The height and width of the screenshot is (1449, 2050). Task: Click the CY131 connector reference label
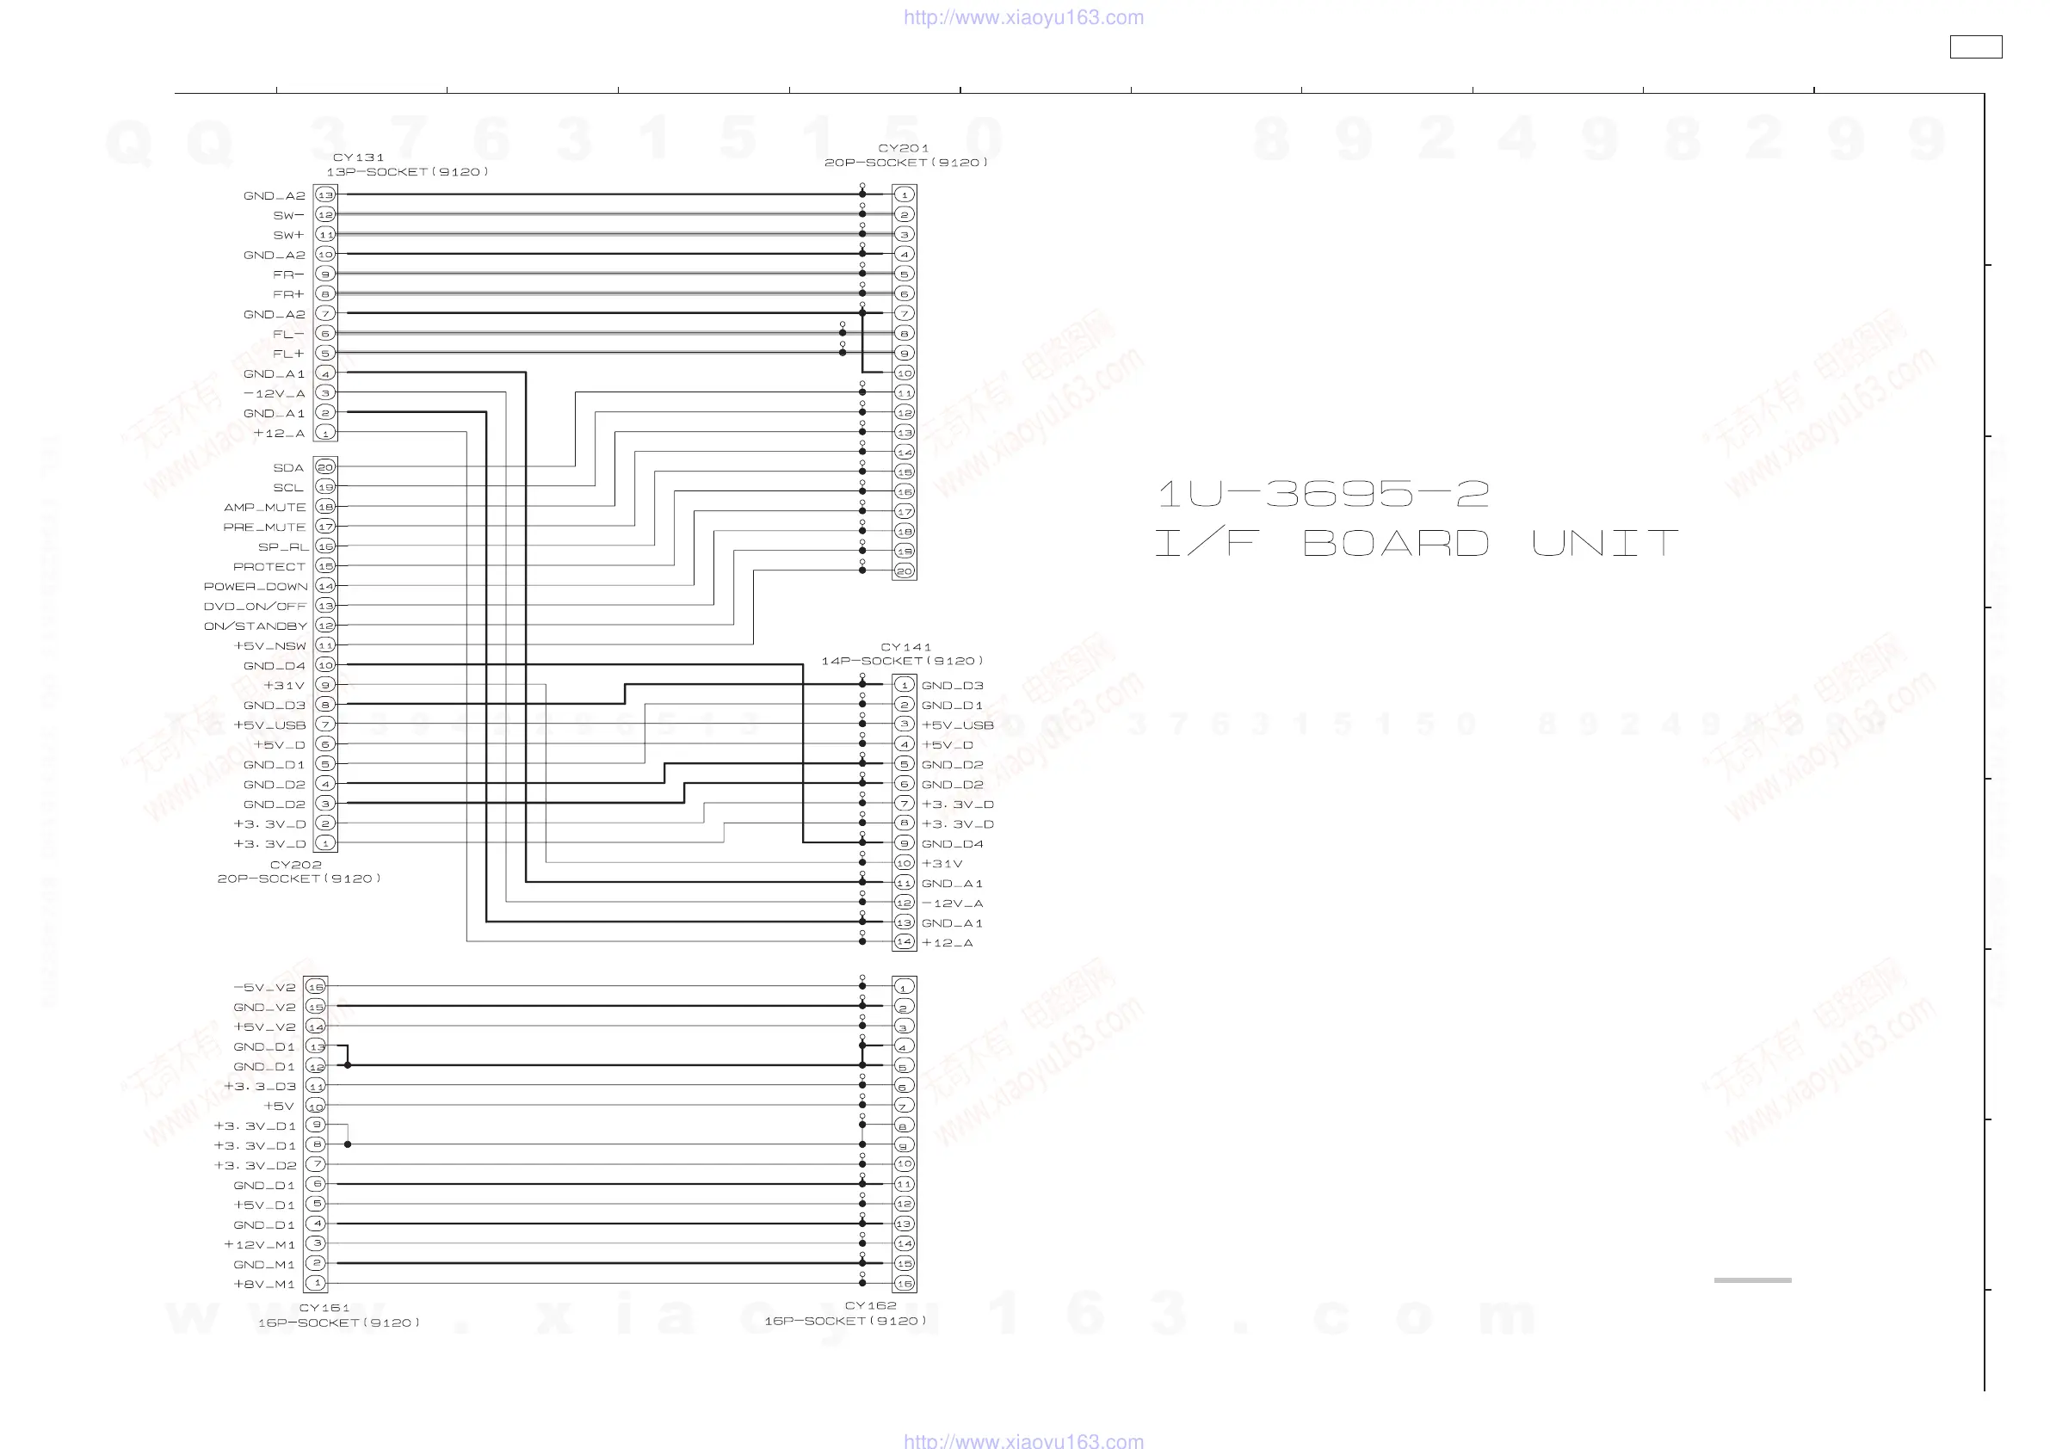click(x=358, y=157)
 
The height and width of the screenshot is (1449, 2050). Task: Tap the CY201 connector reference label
click(x=904, y=148)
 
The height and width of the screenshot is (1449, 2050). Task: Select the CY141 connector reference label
click(x=905, y=646)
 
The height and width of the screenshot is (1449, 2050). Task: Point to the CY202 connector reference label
click(x=295, y=864)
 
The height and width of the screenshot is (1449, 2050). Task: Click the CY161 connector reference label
click(x=324, y=1308)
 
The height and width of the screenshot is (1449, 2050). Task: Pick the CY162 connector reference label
click(x=871, y=1305)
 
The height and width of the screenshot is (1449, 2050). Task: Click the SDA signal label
click(x=288, y=468)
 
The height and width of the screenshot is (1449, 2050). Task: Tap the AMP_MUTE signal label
click(x=265, y=507)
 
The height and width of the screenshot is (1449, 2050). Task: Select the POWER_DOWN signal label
click(x=256, y=587)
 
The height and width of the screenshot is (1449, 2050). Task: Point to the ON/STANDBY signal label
click(x=256, y=626)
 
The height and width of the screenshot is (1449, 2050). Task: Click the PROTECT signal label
click(x=269, y=567)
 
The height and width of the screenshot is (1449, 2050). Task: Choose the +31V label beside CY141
click(x=942, y=863)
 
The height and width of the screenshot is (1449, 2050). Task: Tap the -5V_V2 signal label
click(x=264, y=988)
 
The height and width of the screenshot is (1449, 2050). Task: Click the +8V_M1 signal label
click(x=264, y=1284)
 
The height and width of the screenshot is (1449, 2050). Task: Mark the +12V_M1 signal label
click(x=260, y=1244)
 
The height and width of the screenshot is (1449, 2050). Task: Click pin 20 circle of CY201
click(x=905, y=570)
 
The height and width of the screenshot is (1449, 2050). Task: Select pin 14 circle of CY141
click(x=905, y=942)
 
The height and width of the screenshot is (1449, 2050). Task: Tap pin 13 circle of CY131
click(x=325, y=194)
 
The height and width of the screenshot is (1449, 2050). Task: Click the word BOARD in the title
click(x=1396, y=543)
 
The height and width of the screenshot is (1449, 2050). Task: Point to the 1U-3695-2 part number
click(x=1324, y=493)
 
